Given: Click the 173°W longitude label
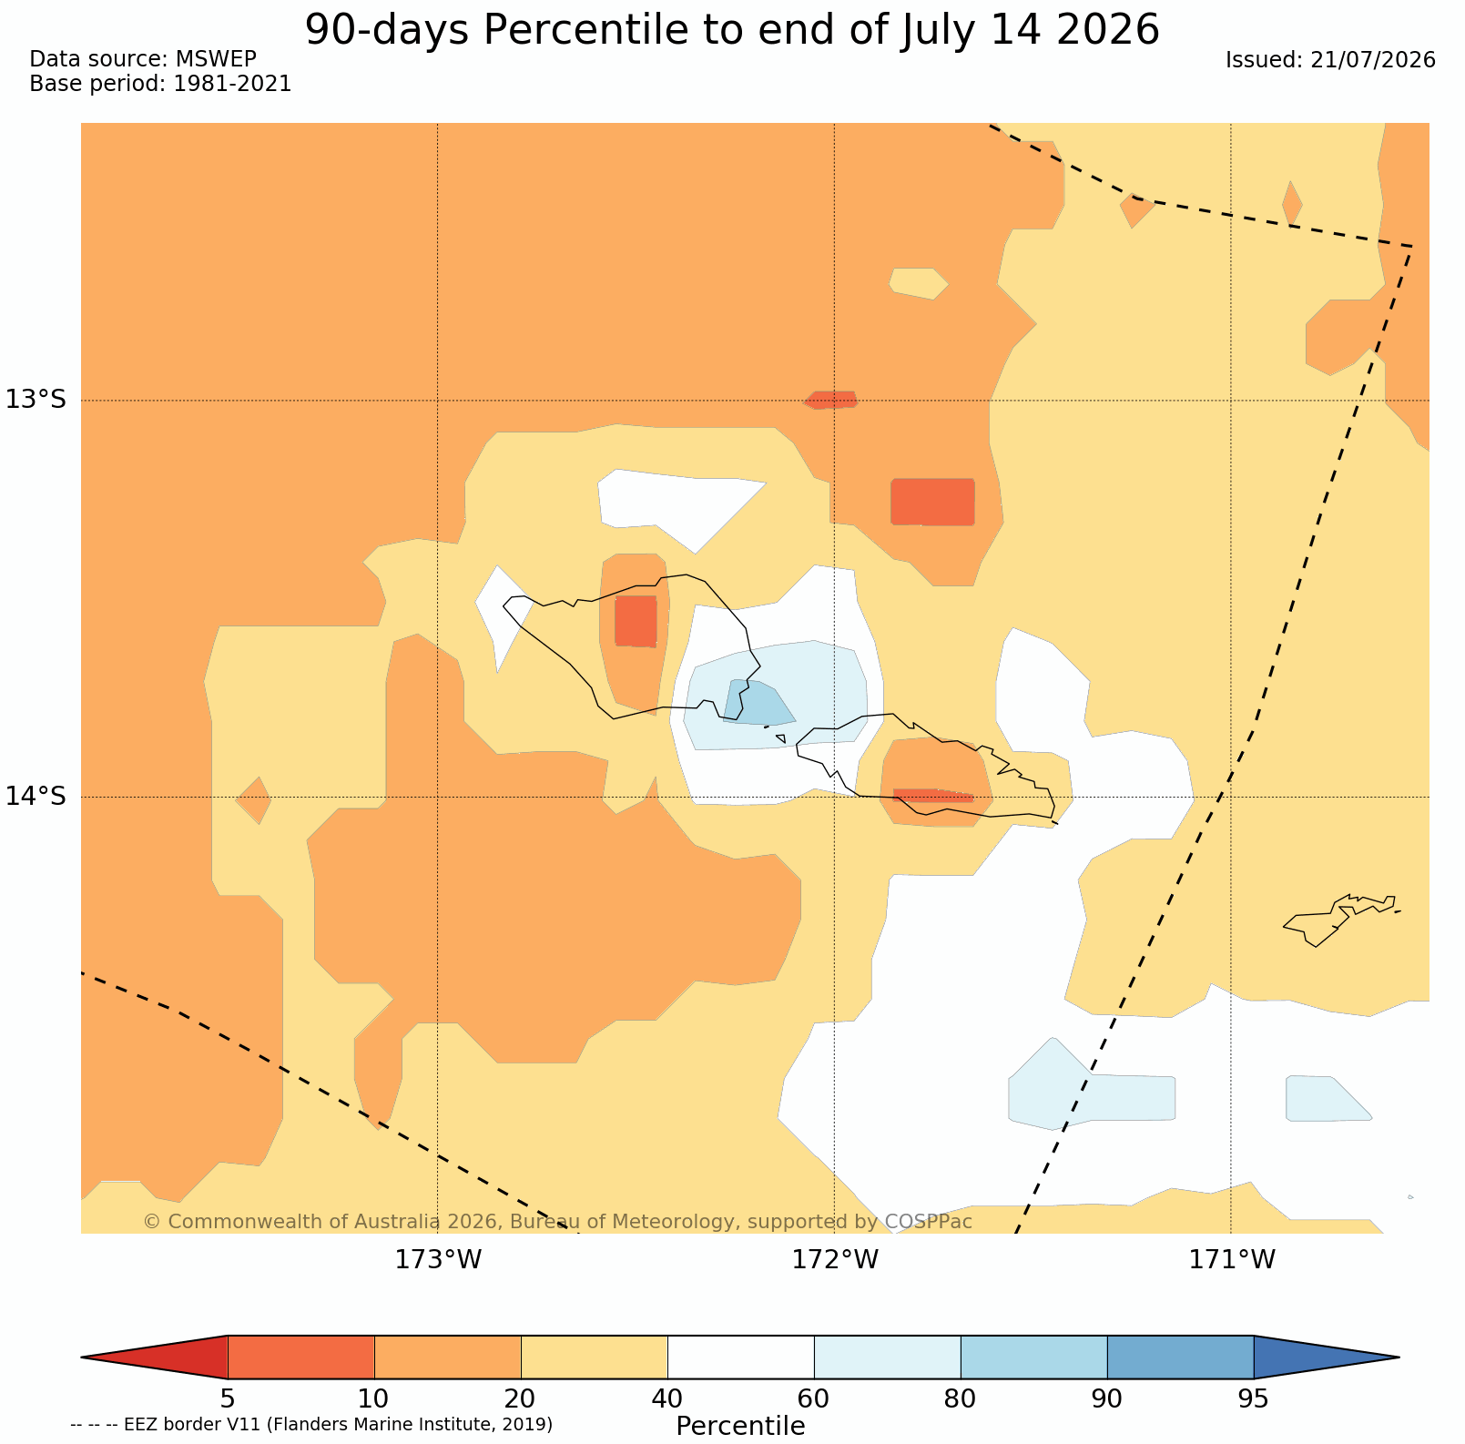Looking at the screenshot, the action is point(438,1260).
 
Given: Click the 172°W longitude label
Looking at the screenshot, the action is point(835,1260).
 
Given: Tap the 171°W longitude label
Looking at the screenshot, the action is point(1232,1260).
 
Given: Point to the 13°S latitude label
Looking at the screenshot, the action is point(36,400).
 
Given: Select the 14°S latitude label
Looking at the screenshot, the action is point(36,797).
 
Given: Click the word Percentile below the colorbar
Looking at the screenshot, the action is point(740,1426).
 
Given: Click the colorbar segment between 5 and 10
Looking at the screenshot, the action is point(301,1358).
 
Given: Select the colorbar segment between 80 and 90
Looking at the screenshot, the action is point(1034,1358).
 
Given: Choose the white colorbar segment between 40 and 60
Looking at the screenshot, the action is point(741,1358).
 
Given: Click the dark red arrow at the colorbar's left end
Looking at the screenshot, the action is point(155,1358).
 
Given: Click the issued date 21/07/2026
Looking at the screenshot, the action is point(1373,60).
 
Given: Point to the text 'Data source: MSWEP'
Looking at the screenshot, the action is point(143,59).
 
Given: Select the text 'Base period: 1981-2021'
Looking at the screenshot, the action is point(160,84).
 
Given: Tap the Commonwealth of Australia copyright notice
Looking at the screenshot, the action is point(558,1221).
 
